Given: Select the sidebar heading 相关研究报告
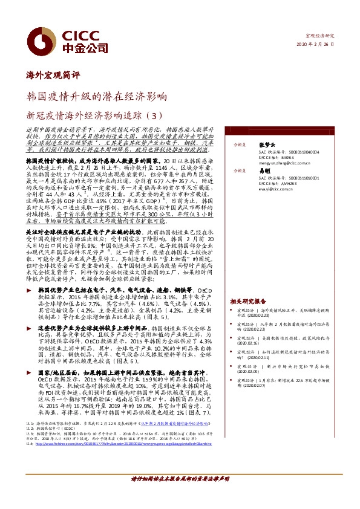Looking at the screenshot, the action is tap(247, 300).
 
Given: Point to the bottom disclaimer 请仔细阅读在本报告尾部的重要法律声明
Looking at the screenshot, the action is tap(179, 494).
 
